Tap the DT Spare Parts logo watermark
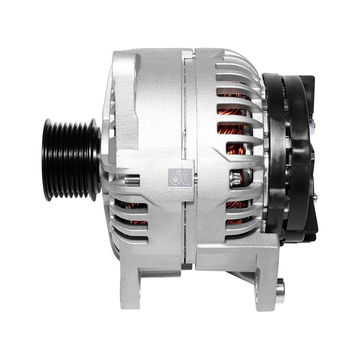point(180,179)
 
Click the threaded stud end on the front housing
point(132,180)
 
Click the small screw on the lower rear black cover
point(314,197)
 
